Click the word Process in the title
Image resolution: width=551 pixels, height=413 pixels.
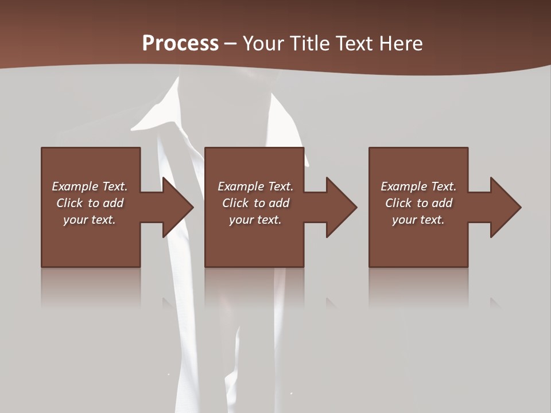[x=180, y=44]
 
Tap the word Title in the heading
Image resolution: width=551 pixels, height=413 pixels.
[x=310, y=44]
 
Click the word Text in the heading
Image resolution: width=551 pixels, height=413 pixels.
[x=355, y=44]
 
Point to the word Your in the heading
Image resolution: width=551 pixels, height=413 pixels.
[x=265, y=44]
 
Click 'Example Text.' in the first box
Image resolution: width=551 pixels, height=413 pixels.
[x=90, y=186]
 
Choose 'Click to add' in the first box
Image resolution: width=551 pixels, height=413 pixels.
[x=90, y=203]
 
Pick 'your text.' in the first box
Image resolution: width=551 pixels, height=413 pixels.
[x=90, y=220]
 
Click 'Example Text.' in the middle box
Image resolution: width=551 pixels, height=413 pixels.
[x=255, y=186]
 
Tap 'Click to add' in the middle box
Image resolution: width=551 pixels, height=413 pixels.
[x=255, y=203]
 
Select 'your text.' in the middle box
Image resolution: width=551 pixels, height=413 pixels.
[x=255, y=220]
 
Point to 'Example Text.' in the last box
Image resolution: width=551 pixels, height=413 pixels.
[x=418, y=186]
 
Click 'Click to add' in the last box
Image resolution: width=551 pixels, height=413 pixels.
[x=418, y=203]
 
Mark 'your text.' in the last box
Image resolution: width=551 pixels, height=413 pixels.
[x=418, y=220]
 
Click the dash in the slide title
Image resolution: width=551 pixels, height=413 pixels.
[x=231, y=44]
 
